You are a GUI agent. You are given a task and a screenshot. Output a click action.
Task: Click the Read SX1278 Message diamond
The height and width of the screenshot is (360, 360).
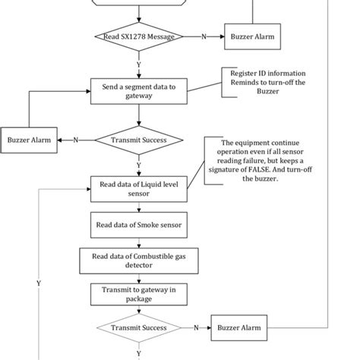pos(138,36)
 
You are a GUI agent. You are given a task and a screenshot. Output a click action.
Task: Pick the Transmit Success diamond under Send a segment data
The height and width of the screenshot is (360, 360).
pos(138,140)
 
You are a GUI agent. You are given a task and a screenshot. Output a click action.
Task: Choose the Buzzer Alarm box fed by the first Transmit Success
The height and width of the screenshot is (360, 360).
pos(29,140)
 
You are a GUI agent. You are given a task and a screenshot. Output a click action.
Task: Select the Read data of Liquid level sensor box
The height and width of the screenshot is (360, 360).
pos(138,188)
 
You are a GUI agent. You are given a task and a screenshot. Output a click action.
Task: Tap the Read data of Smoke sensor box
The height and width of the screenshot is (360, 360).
pos(138,225)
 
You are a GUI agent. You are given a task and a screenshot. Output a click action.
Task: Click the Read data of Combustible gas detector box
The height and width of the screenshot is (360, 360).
pos(138,261)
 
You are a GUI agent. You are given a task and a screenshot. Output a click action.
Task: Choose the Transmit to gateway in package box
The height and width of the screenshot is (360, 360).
pos(138,294)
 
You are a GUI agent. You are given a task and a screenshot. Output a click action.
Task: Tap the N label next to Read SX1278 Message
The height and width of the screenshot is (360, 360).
pos(203,36)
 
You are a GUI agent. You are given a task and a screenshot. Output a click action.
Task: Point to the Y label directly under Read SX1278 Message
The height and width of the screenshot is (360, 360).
pos(138,65)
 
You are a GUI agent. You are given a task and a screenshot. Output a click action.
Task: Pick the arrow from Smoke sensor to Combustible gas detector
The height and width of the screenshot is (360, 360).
pos(138,242)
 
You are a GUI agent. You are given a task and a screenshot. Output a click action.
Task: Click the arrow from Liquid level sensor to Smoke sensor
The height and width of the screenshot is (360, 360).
pos(138,207)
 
